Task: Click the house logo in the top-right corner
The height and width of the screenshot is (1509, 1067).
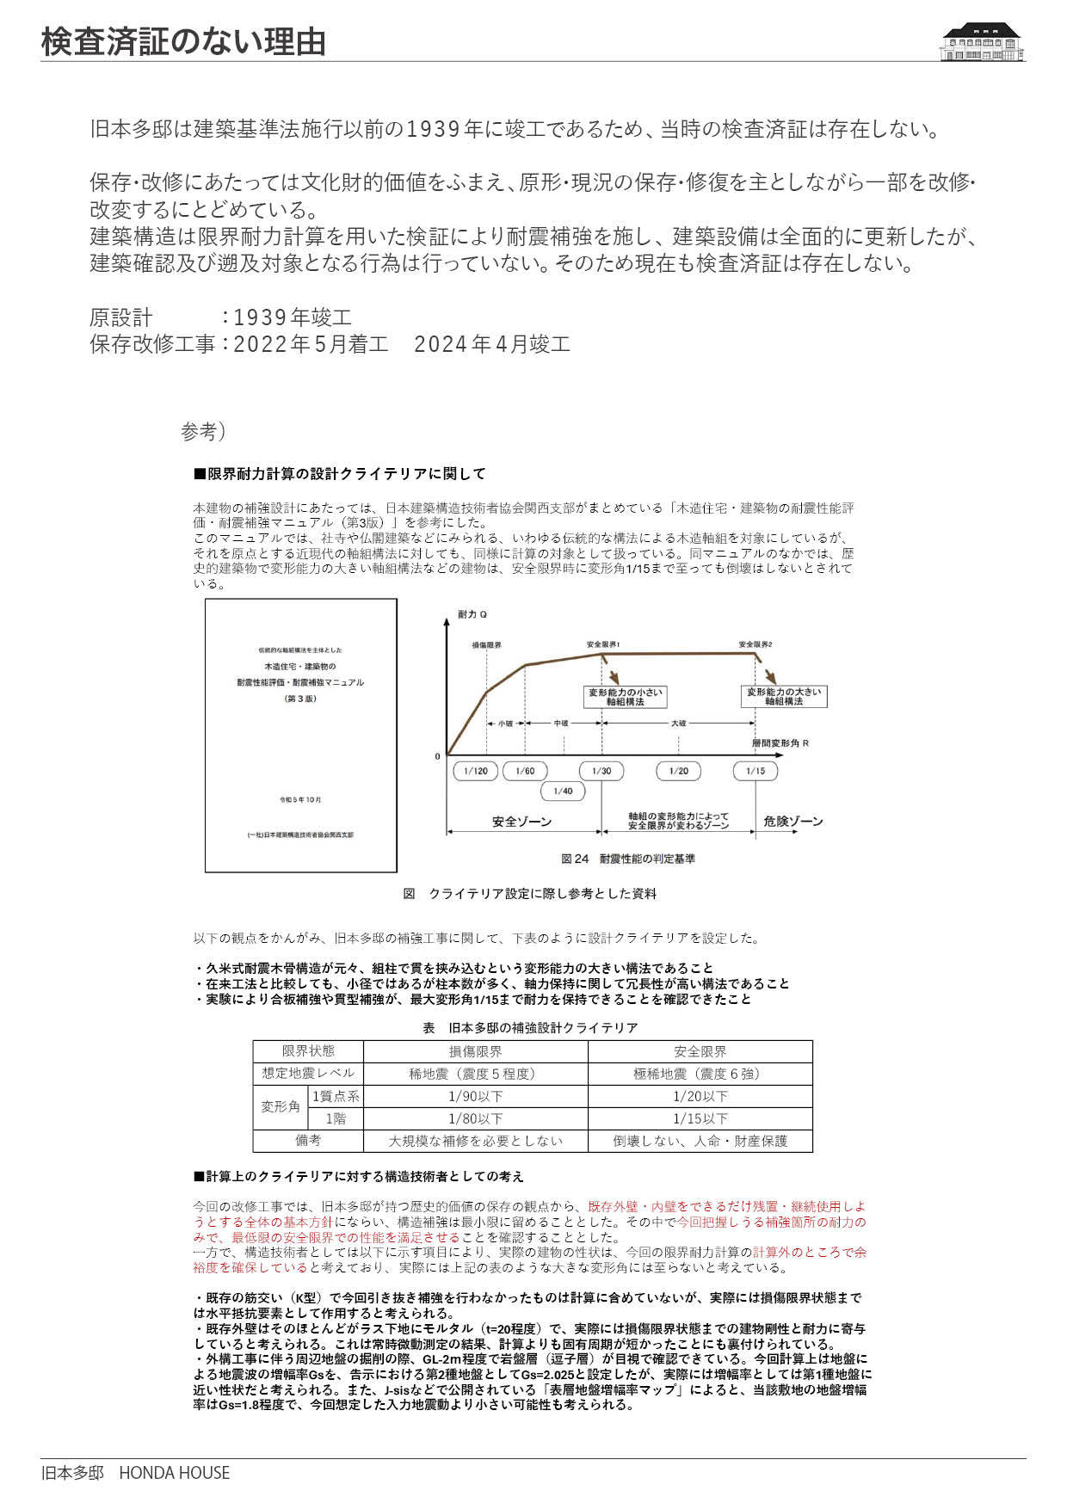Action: pyautogui.click(x=982, y=41)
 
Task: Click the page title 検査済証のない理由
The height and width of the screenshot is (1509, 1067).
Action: pyautogui.click(x=183, y=41)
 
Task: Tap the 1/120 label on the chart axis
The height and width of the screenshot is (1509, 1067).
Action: pyautogui.click(x=475, y=771)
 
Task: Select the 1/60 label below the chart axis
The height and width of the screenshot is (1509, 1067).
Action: pyautogui.click(x=525, y=771)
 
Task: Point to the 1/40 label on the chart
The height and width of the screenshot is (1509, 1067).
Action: pyautogui.click(x=563, y=791)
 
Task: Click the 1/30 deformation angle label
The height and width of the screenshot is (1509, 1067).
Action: pyautogui.click(x=601, y=771)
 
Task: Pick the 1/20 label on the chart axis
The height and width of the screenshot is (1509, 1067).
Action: pyautogui.click(x=678, y=771)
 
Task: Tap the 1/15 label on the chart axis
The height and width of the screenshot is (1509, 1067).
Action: pyautogui.click(x=755, y=771)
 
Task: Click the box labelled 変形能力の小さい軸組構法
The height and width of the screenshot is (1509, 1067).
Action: pyautogui.click(x=625, y=697)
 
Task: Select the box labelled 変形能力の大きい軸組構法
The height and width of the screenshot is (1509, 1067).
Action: pyautogui.click(x=784, y=696)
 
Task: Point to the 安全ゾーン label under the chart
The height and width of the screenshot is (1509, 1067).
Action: pyautogui.click(x=521, y=822)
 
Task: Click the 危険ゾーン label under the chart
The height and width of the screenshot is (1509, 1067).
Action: pyautogui.click(x=793, y=822)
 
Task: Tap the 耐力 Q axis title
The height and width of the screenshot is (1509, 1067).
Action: pyautogui.click(x=472, y=614)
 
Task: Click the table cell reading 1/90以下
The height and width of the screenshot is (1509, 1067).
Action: pyautogui.click(x=475, y=1096)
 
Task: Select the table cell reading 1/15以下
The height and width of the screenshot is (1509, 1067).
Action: pyautogui.click(x=700, y=1118)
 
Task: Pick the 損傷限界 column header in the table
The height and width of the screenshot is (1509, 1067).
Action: pyautogui.click(x=475, y=1051)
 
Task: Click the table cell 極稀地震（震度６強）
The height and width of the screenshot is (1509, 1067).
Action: pyautogui.click(x=700, y=1074)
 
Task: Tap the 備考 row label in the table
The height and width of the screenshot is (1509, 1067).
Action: pyautogui.click(x=308, y=1141)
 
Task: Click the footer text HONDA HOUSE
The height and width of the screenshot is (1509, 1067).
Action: pyautogui.click(x=174, y=1473)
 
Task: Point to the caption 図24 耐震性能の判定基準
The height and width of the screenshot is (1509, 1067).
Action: pyautogui.click(x=628, y=859)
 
